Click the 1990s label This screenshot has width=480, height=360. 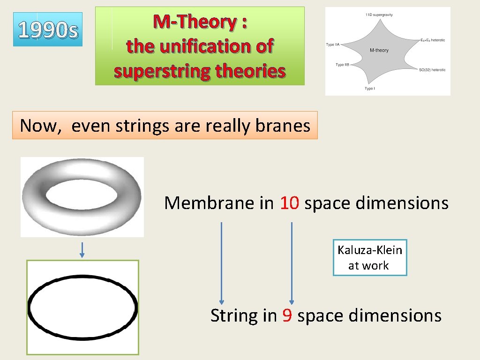click(x=48, y=30)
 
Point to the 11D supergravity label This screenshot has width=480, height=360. click(x=379, y=15)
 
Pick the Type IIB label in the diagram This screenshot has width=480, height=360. click(x=343, y=65)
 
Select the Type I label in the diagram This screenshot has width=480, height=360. click(x=370, y=89)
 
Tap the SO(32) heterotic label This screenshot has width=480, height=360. click(x=432, y=70)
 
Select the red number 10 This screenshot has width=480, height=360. click(x=290, y=203)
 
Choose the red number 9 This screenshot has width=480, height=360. click(x=287, y=315)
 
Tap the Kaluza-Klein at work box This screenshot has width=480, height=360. click(x=370, y=257)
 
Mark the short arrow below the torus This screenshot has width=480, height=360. click(x=82, y=249)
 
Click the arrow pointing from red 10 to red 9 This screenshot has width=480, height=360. click(x=292, y=263)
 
